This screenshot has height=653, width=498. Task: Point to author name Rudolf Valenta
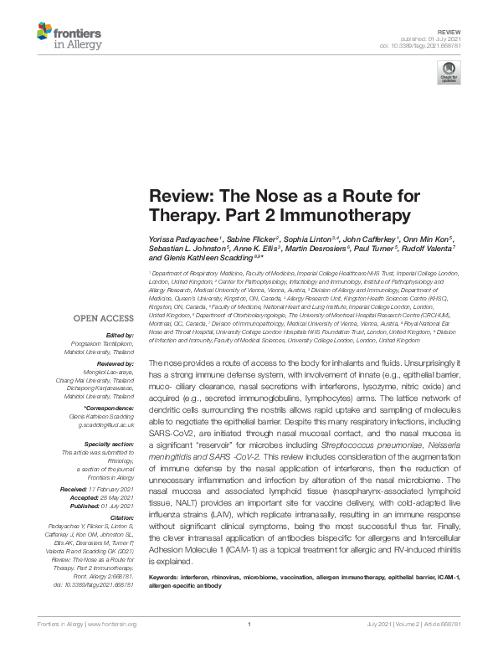(428, 249)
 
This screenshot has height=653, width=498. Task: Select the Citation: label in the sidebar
(123, 519)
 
